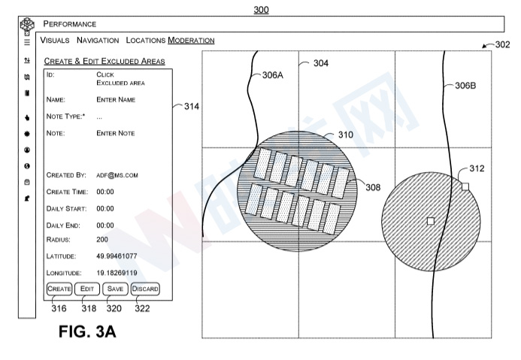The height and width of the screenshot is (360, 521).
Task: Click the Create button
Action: coord(59,289)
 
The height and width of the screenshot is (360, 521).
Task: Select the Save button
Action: coord(115,289)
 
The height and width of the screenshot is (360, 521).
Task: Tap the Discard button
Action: coord(145,289)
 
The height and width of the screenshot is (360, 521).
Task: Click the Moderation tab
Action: coord(191,40)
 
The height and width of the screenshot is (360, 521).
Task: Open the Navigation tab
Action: coord(98,40)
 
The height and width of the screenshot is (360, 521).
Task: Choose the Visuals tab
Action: coord(55,40)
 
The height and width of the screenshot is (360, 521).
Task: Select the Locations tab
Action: coord(146,40)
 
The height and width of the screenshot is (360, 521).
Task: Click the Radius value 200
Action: coord(102,240)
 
